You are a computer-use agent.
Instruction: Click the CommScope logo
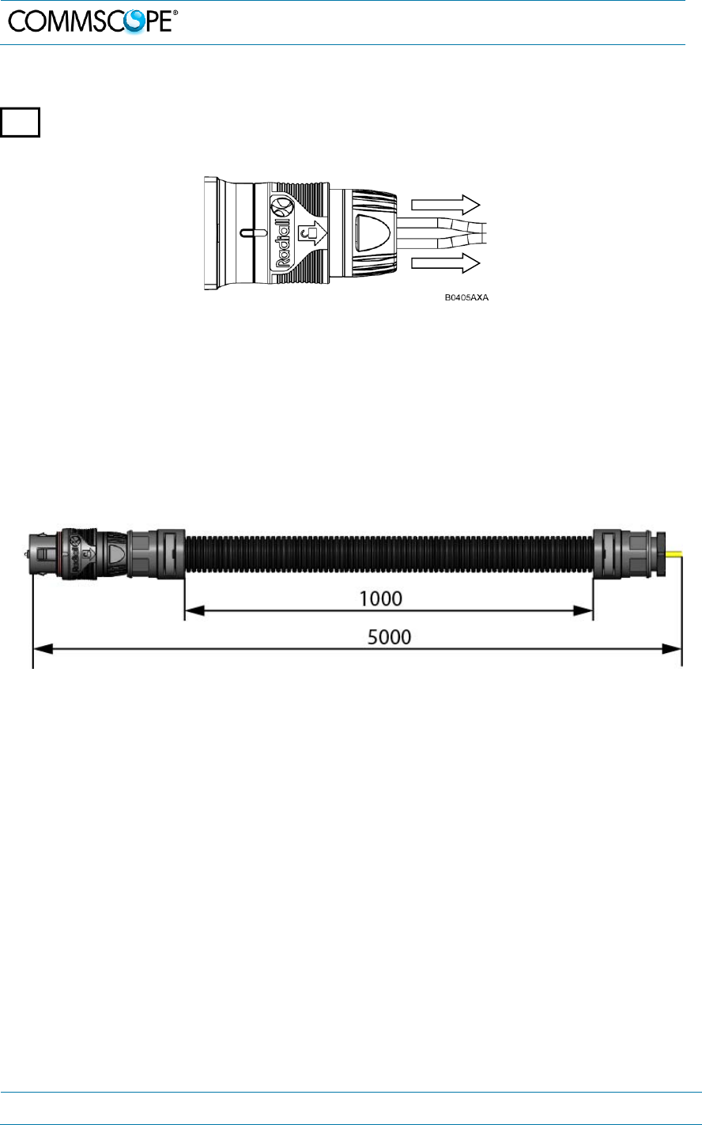[93, 21]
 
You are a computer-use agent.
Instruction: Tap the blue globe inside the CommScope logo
[134, 22]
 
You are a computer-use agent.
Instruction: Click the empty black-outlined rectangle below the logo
[20, 122]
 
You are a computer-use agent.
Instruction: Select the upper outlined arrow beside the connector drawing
[445, 205]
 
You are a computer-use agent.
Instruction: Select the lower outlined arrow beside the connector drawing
[445, 262]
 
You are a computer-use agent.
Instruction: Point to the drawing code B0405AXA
[466, 297]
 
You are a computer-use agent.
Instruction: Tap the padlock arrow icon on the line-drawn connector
[311, 233]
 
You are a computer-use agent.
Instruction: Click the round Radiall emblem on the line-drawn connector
[281, 206]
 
